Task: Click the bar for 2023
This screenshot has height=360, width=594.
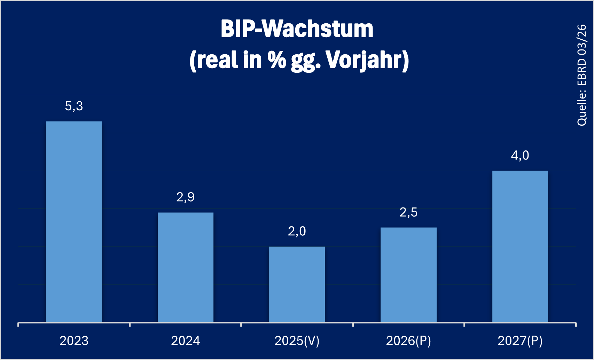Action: click(74, 221)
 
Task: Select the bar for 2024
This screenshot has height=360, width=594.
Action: click(185, 267)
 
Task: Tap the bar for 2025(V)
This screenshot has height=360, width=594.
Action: click(297, 284)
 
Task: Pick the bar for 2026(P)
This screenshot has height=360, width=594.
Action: click(408, 275)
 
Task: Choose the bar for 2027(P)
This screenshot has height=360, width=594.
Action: click(520, 246)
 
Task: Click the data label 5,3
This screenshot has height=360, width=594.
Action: click(74, 106)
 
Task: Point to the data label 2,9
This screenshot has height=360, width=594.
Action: click(185, 197)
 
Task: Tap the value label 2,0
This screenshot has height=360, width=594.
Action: click(297, 232)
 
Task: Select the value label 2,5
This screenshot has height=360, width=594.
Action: click(408, 212)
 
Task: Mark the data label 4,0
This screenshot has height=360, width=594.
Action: click(520, 155)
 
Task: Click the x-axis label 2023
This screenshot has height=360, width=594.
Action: click(74, 341)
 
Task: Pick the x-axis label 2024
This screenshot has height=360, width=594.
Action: click(185, 341)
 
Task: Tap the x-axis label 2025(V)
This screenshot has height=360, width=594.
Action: click(297, 341)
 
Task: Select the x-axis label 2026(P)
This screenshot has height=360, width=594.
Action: click(408, 341)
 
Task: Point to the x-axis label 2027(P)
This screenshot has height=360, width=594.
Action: click(520, 341)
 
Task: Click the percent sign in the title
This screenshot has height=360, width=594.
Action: click(277, 60)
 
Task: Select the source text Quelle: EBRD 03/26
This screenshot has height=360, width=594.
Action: click(582, 75)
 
